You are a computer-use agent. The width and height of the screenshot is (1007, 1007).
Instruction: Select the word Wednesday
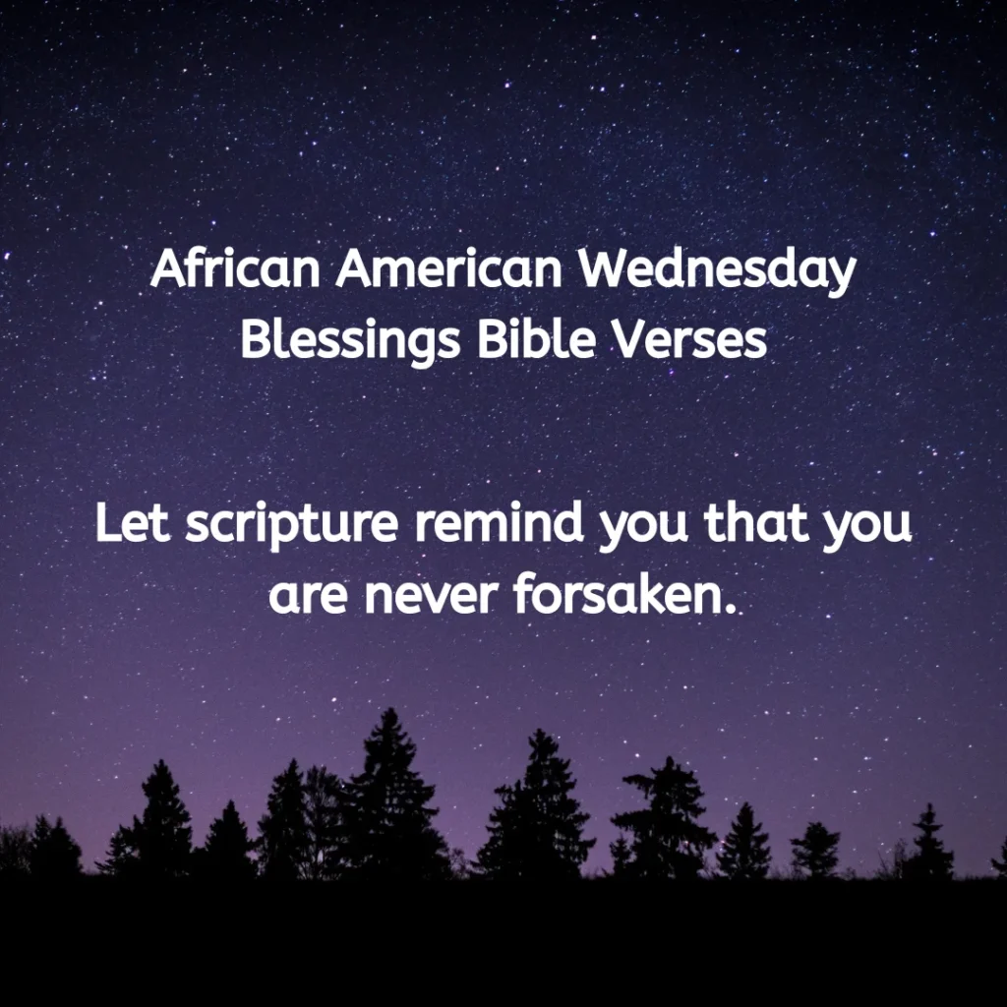tap(718, 270)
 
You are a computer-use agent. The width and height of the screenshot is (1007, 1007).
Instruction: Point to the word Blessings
tap(350, 341)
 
